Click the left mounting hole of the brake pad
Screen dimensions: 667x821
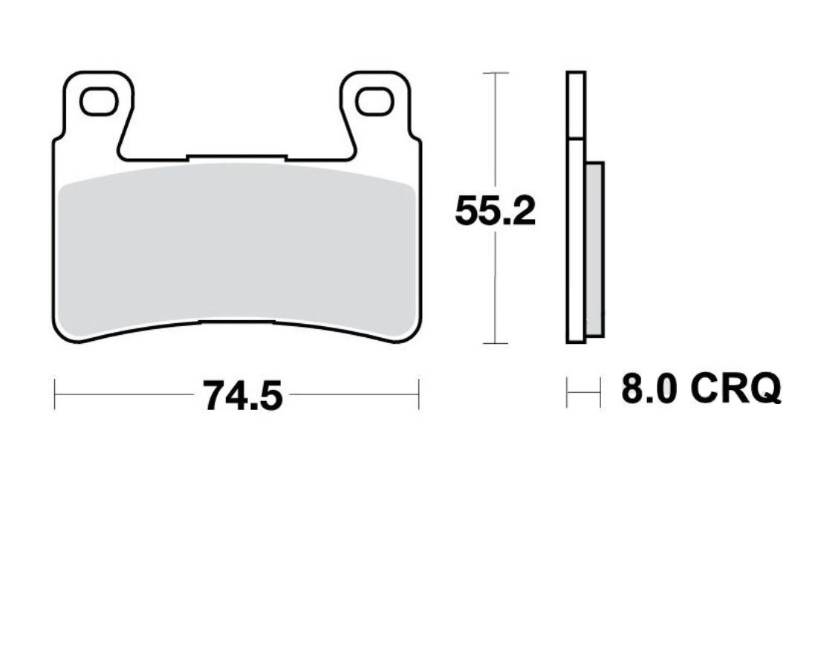98,103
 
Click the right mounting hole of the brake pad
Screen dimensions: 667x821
374,103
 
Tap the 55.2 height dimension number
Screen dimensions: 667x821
495,212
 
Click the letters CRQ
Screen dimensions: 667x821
736,388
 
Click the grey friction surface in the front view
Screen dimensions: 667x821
236,249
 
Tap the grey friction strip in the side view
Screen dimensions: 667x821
595,249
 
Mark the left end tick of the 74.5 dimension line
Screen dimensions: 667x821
55,394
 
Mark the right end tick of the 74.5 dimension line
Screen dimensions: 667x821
419,394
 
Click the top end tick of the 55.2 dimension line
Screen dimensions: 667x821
495,73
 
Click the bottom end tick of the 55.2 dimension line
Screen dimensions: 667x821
495,343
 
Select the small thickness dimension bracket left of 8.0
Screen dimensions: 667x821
583,392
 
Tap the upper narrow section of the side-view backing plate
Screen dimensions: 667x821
576,104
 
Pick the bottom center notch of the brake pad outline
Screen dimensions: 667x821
236,322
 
